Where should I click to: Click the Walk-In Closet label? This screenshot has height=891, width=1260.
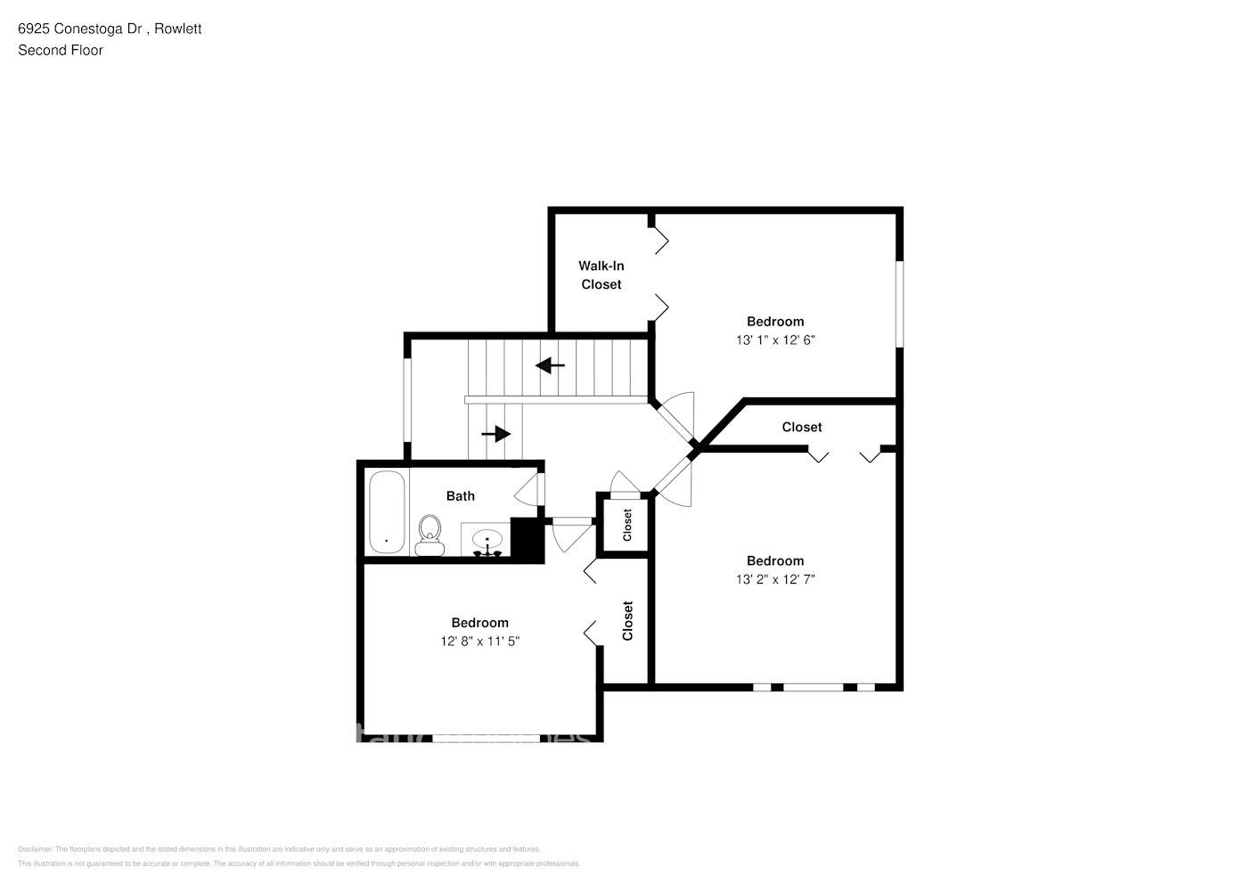click(x=601, y=274)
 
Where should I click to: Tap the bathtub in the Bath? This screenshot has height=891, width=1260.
click(x=387, y=512)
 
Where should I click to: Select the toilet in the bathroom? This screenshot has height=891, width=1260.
click(x=430, y=534)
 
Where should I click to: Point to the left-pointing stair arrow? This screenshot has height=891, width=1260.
click(x=550, y=365)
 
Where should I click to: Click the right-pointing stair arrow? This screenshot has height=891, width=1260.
click(x=496, y=434)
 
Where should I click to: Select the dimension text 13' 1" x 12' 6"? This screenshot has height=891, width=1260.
click(x=775, y=339)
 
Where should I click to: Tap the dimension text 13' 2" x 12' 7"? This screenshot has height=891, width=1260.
click(x=775, y=579)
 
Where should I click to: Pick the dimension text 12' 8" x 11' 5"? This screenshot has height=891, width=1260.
click(x=479, y=641)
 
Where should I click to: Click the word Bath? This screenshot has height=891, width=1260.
click(x=460, y=496)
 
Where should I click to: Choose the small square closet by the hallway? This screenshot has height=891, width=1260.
click(x=626, y=525)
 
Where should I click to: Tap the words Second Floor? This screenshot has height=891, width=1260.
click(x=61, y=50)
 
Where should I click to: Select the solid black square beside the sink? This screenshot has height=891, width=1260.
click(x=526, y=539)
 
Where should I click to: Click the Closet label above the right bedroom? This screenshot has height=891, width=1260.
click(x=801, y=427)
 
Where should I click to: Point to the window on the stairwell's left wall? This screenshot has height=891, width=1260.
click(x=408, y=399)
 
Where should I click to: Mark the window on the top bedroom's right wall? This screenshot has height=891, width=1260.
click(x=899, y=303)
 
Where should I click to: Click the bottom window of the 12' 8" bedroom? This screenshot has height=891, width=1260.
click(x=487, y=738)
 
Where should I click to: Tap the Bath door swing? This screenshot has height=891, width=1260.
click(x=528, y=488)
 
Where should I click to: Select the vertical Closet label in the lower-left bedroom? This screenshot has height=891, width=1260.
click(x=627, y=620)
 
